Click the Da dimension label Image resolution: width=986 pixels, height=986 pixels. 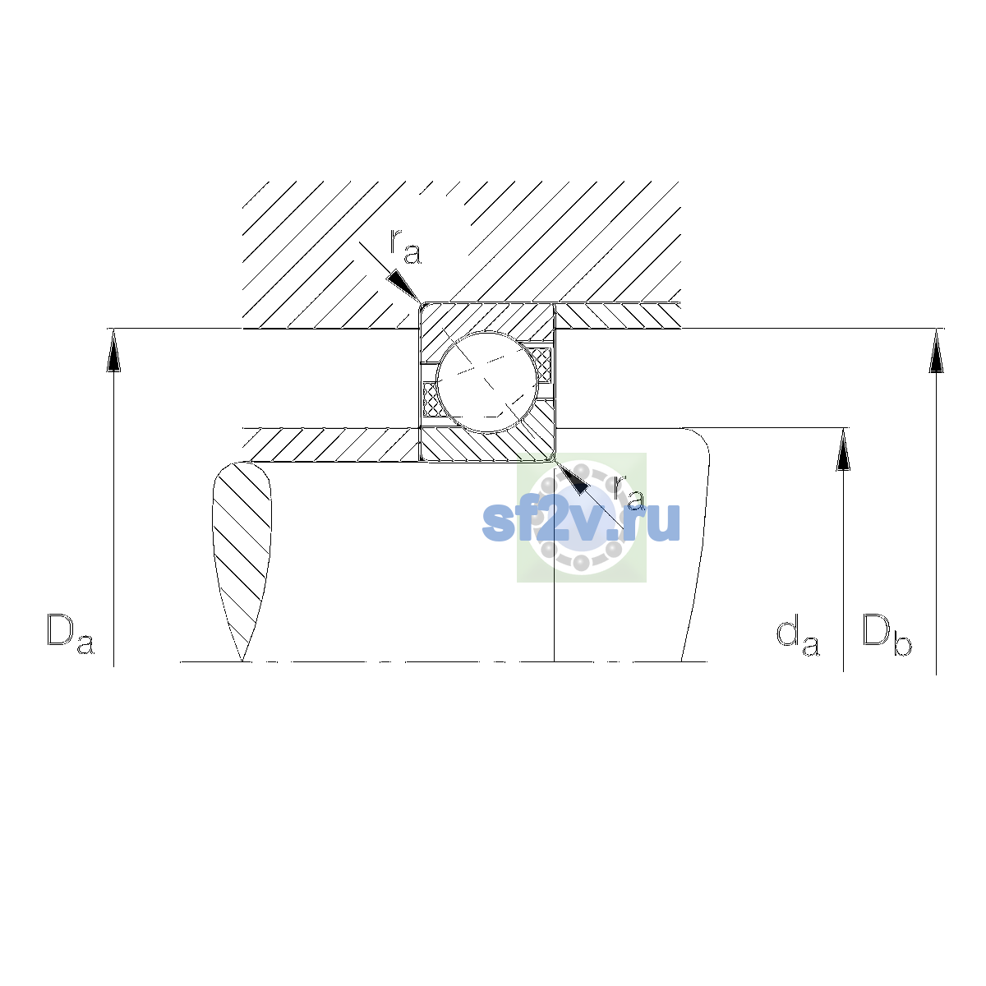click(x=71, y=634)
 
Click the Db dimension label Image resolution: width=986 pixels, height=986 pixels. click(x=887, y=634)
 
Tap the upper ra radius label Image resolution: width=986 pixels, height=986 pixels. click(x=405, y=247)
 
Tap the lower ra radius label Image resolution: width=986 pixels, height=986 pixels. click(x=629, y=493)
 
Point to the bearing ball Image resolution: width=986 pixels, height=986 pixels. click(x=487, y=382)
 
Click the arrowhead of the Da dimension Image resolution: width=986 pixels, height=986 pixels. click(x=113, y=350)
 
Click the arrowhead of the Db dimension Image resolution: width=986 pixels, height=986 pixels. click(x=936, y=351)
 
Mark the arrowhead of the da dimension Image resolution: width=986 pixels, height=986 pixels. click(x=843, y=449)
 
